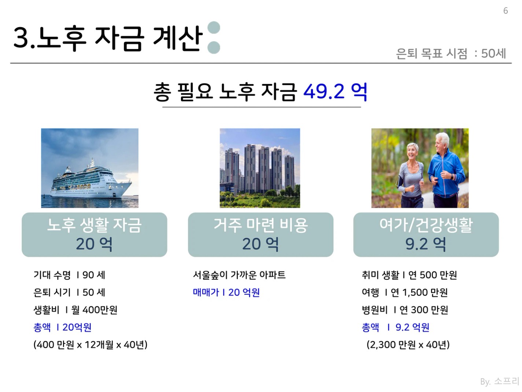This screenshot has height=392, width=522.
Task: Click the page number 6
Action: click(506, 11)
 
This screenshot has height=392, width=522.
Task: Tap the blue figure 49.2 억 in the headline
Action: click(335, 91)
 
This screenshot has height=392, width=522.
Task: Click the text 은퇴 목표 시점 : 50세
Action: click(451, 53)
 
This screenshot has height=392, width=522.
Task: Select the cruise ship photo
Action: click(90, 168)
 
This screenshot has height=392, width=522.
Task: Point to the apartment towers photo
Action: click(260, 168)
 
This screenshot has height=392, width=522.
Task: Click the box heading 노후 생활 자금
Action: click(94, 225)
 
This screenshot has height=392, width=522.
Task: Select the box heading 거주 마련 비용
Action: click(261, 225)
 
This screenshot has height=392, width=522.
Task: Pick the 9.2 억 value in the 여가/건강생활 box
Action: click(426, 244)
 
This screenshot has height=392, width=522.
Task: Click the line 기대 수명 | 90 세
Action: click(69, 275)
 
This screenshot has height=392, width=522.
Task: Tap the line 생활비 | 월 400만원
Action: click(75, 310)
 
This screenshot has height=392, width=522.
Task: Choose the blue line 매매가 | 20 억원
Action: click(226, 293)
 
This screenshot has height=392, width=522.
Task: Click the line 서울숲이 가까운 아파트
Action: click(239, 275)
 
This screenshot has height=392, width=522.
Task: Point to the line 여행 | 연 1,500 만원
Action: click(405, 293)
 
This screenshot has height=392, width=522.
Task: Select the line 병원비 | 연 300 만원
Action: click(405, 310)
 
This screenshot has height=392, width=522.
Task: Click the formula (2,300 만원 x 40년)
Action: click(408, 345)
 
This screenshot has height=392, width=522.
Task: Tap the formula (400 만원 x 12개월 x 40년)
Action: click(90, 345)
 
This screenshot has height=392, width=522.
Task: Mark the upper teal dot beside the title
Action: click(214, 28)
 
